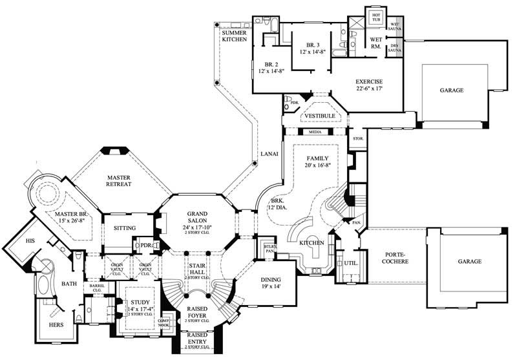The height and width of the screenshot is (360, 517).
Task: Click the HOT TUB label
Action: coord(376,17)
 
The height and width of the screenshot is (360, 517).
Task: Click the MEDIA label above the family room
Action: coord(315,131)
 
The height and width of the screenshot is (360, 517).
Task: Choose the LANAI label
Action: coord(269,154)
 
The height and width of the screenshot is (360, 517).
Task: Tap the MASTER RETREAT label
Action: coord(119,180)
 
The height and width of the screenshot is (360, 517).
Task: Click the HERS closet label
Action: coord(56,324)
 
